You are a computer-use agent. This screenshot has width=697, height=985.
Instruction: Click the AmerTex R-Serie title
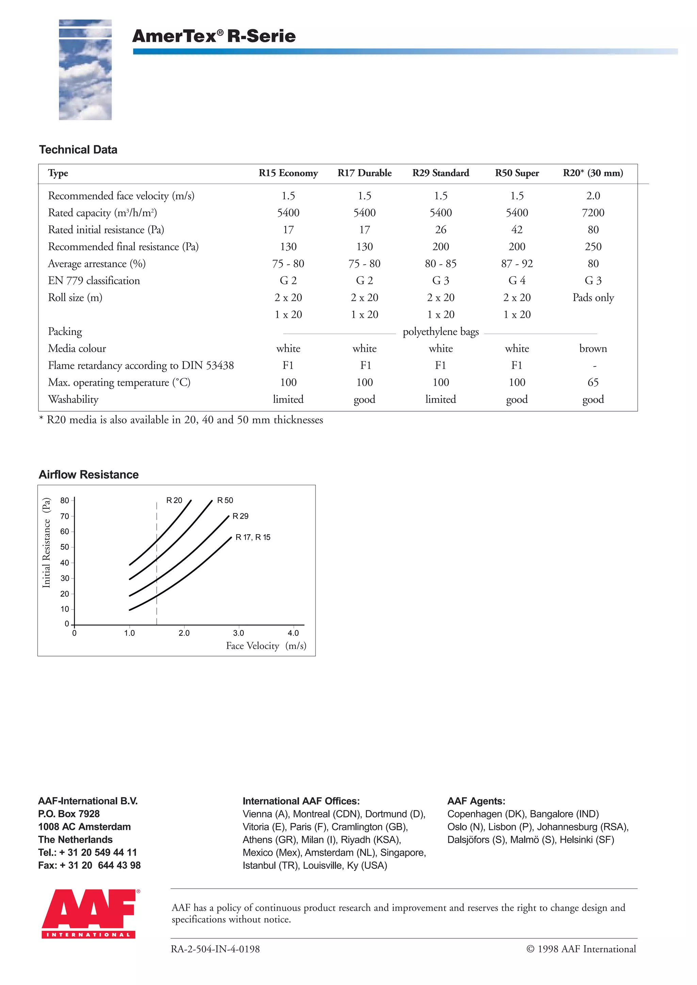[x=214, y=36]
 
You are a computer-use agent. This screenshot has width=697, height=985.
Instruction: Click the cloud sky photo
[x=85, y=69]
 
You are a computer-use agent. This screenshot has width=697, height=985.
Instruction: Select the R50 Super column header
[x=517, y=173]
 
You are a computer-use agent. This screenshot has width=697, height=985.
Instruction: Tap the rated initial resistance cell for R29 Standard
[x=440, y=230]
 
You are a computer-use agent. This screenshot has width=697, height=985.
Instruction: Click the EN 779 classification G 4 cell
[x=517, y=281]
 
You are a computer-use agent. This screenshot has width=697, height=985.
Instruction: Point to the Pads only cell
[x=593, y=298]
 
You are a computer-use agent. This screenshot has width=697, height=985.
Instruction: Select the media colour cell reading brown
[x=593, y=349]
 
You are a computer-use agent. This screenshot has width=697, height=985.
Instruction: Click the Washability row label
[x=74, y=399]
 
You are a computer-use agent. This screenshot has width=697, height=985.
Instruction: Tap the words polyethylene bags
[x=440, y=332]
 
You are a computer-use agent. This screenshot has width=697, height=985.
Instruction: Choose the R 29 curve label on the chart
[x=240, y=516]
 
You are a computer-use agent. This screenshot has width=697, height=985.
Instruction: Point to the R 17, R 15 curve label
[x=253, y=537]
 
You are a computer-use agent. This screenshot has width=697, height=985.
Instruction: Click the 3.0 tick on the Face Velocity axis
[x=238, y=633]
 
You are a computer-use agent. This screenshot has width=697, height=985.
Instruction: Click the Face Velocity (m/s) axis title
[x=266, y=646]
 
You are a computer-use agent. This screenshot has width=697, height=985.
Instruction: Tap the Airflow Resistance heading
[x=88, y=475]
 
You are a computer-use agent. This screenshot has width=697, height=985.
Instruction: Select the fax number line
[x=89, y=865]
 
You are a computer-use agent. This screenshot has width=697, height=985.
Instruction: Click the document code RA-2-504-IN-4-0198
[x=215, y=949]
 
